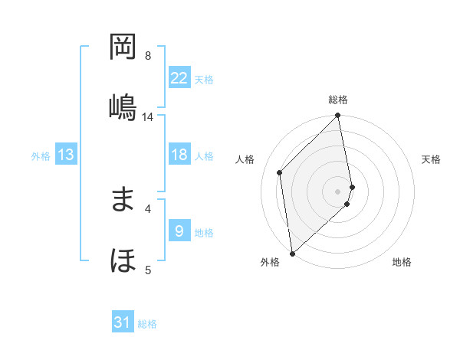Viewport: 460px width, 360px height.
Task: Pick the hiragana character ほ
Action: coord(123,260)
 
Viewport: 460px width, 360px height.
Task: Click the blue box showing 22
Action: coord(179,78)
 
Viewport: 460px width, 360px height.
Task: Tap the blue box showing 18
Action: coord(179,155)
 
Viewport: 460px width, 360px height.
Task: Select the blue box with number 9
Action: coord(179,231)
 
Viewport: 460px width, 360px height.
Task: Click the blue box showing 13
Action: coord(66,155)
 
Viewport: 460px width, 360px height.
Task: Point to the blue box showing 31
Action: coord(123,323)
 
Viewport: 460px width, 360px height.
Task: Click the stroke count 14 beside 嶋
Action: coord(148,117)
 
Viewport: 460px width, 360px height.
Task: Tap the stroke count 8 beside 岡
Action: coord(148,56)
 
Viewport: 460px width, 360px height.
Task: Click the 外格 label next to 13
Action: coord(41,156)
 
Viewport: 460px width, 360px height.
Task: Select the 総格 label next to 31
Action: coord(147,324)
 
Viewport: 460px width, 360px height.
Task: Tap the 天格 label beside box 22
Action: coord(204,80)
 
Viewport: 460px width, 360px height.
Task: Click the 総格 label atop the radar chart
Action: coord(338,100)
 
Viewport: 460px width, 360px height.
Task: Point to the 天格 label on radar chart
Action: coord(431,159)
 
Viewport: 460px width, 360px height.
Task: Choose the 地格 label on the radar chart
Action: coord(402,262)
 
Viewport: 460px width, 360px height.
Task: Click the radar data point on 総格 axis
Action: coord(338,116)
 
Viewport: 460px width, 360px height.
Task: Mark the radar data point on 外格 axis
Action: coord(292,253)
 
